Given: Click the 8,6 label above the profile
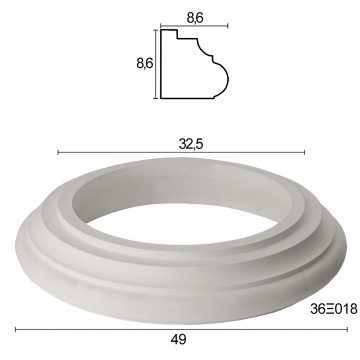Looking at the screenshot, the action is click(x=195, y=18).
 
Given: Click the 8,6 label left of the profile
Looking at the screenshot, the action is click(x=145, y=63).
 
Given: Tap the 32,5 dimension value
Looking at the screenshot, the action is click(x=191, y=144).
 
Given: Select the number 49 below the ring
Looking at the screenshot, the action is click(x=179, y=340).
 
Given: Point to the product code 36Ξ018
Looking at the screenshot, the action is click(x=334, y=309).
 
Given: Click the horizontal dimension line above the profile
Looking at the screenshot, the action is click(x=194, y=26).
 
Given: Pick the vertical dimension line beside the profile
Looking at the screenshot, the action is click(x=156, y=64).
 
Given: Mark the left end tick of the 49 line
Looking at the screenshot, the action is click(x=16, y=330).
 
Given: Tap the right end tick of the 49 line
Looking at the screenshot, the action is click(x=347, y=330).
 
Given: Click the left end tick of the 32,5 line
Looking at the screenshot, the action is click(x=58, y=152).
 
